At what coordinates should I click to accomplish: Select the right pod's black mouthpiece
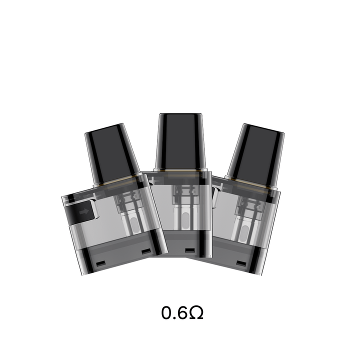pos(254,152)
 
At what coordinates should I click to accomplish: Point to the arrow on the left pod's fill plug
pos(83,212)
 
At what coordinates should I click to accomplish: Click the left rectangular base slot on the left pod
pos(99,263)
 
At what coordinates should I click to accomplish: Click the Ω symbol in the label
pos(195,313)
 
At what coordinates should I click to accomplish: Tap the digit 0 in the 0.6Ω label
pos(167,313)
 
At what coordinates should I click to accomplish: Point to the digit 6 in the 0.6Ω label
pos(181,313)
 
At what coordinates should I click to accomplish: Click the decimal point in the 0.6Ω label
pos(174,318)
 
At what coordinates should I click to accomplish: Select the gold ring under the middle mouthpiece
pos(180,171)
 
